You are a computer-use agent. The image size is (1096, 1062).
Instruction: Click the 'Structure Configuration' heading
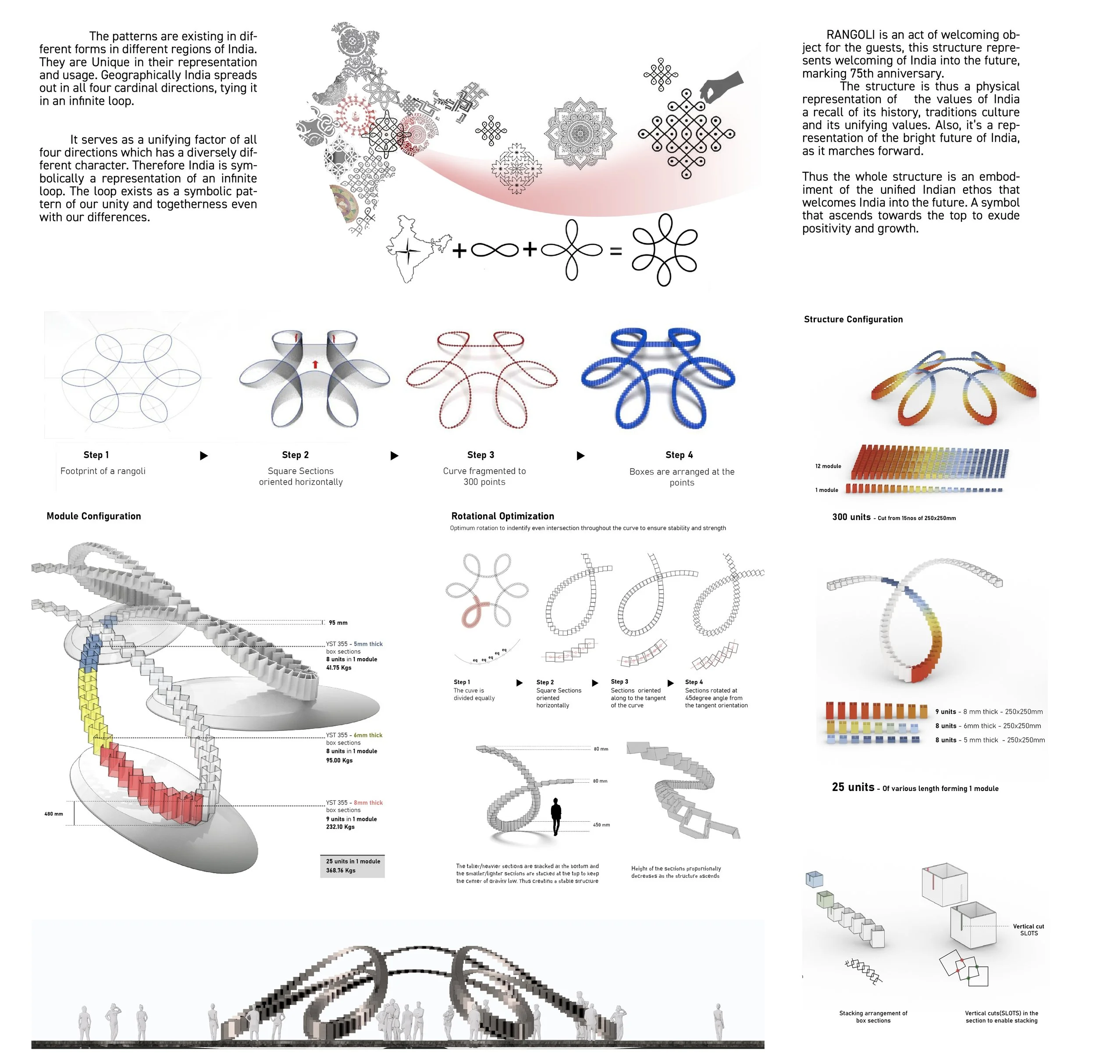click(x=853, y=319)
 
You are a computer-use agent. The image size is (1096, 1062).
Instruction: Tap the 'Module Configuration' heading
click(x=93, y=516)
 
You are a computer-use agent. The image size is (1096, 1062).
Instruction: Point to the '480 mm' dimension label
click(x=53, y=814)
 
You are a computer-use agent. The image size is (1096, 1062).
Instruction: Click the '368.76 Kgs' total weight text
click(x=341, y=870)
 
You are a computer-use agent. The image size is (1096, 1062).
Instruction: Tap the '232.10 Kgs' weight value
click(x=340, y=827)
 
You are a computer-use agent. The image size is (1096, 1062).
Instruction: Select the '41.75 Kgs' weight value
click(x=338, y=668)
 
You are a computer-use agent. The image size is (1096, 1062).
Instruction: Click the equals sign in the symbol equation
click(x=615, y=251)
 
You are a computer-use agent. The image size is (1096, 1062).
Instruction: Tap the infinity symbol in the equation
click(x=495, y=249)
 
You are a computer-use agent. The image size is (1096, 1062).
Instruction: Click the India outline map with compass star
click(x=416, y=248)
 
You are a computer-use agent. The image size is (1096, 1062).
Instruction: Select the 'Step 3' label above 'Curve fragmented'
click(x=480, y=455)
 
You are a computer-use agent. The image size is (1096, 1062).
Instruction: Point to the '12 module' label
click(x=828, y=466)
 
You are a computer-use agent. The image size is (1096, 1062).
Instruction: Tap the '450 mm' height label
click(x=601, y=825)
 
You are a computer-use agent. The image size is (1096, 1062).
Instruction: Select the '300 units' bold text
click(x=851, y=517)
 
